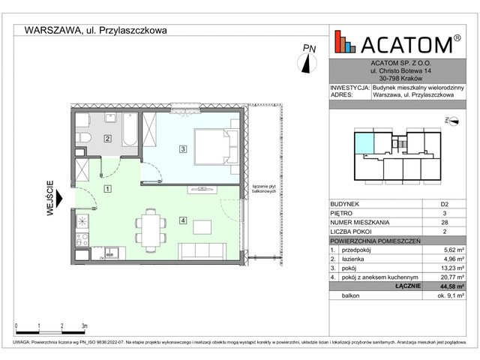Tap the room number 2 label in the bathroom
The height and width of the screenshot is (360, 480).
[107, 138]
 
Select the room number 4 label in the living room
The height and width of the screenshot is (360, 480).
[182, 220]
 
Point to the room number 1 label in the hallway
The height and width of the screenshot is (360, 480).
[107, 189]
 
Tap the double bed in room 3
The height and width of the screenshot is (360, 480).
[215, 146]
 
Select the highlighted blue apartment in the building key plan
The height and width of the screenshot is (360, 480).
[363, 142]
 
